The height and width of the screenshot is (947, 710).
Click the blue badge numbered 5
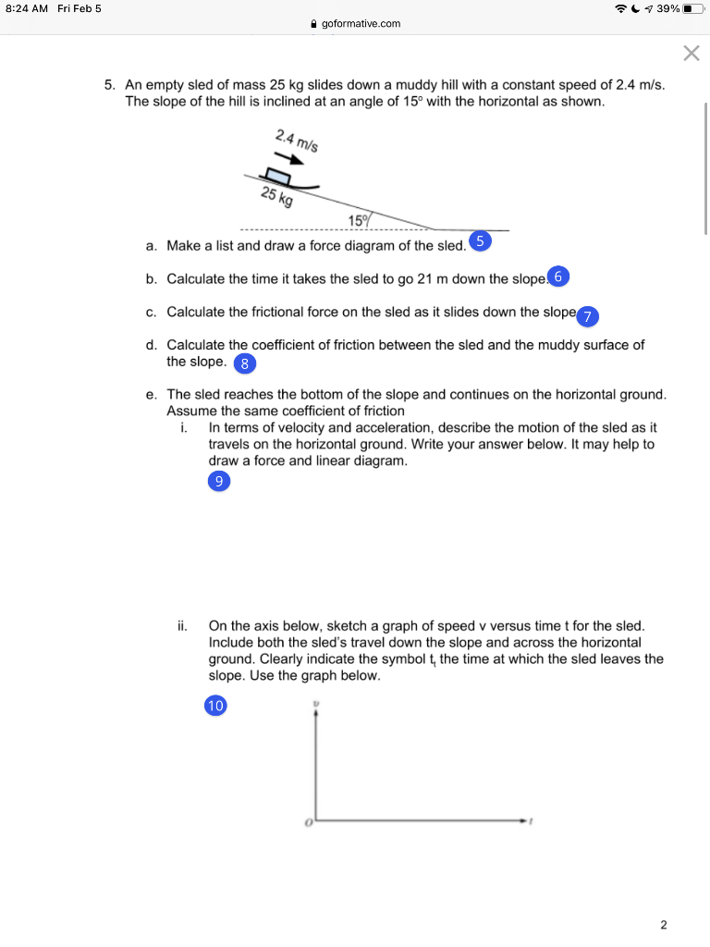(x=480, y=242)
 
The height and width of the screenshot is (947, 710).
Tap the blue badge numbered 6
(x=560, y=277)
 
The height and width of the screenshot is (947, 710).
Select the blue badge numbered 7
(x=588, y=315)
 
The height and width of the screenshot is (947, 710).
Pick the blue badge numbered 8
(x=244, y=363)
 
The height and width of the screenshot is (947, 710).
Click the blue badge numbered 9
(x=218, y=481)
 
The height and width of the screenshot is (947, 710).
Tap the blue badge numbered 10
(x=215, y=706)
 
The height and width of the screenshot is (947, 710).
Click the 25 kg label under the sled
(x=276, y=196)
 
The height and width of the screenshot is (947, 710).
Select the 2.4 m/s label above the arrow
(x=296, y=141)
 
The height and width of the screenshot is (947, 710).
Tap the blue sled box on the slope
(x=277, y=175)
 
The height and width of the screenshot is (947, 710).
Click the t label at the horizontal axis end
(x=532, y=820)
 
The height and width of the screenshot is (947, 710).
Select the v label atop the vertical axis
(x=316, y=704)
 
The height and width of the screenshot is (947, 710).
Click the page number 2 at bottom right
(x=663, y=924)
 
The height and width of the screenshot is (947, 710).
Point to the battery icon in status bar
(x=693, y=8)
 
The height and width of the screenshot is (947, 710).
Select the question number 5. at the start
(x=109, y=84)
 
